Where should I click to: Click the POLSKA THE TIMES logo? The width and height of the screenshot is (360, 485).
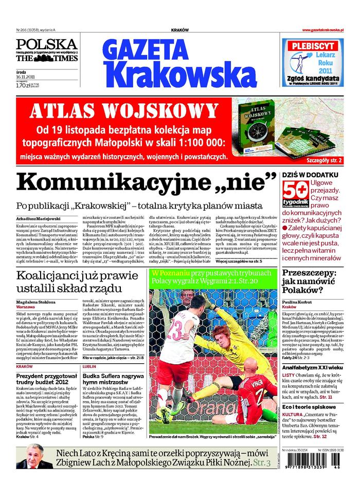click(x=46, y=51)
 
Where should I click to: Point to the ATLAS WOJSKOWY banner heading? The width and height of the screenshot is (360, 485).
click(x=123, y=111)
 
